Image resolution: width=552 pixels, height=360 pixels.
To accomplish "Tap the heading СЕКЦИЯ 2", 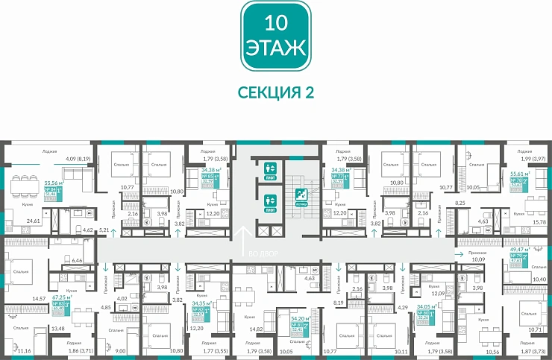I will [x=275, y=92].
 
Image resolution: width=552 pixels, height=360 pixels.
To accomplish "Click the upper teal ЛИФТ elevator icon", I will [x=269, y=168].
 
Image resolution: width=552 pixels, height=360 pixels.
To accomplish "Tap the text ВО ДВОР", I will [x=264, y=254].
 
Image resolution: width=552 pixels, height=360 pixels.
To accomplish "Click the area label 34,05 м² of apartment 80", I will [x=426, y=306].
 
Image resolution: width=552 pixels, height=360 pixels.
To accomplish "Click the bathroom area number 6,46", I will [x=75, y=262].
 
